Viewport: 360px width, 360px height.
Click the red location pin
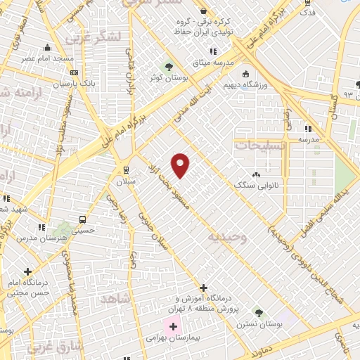coord(181,165)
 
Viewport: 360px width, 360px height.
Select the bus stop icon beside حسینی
coord(83,219)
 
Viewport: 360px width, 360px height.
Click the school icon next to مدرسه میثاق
coord(213,51)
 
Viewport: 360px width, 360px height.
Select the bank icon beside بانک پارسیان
coord(75,72)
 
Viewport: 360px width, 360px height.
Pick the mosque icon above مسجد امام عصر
coord(47,48)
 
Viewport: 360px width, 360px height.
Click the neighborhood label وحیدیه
coord(227,238)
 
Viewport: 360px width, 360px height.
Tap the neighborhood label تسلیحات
coord(260,145)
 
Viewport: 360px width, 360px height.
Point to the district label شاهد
coord(117,298)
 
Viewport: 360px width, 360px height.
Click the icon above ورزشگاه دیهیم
coord(245,75)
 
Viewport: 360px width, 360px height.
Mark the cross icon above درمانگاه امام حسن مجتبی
coord(27,272)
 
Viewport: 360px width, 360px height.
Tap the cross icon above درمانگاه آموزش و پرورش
coord(203,288)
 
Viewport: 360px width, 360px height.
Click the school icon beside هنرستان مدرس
coord(41,228)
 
